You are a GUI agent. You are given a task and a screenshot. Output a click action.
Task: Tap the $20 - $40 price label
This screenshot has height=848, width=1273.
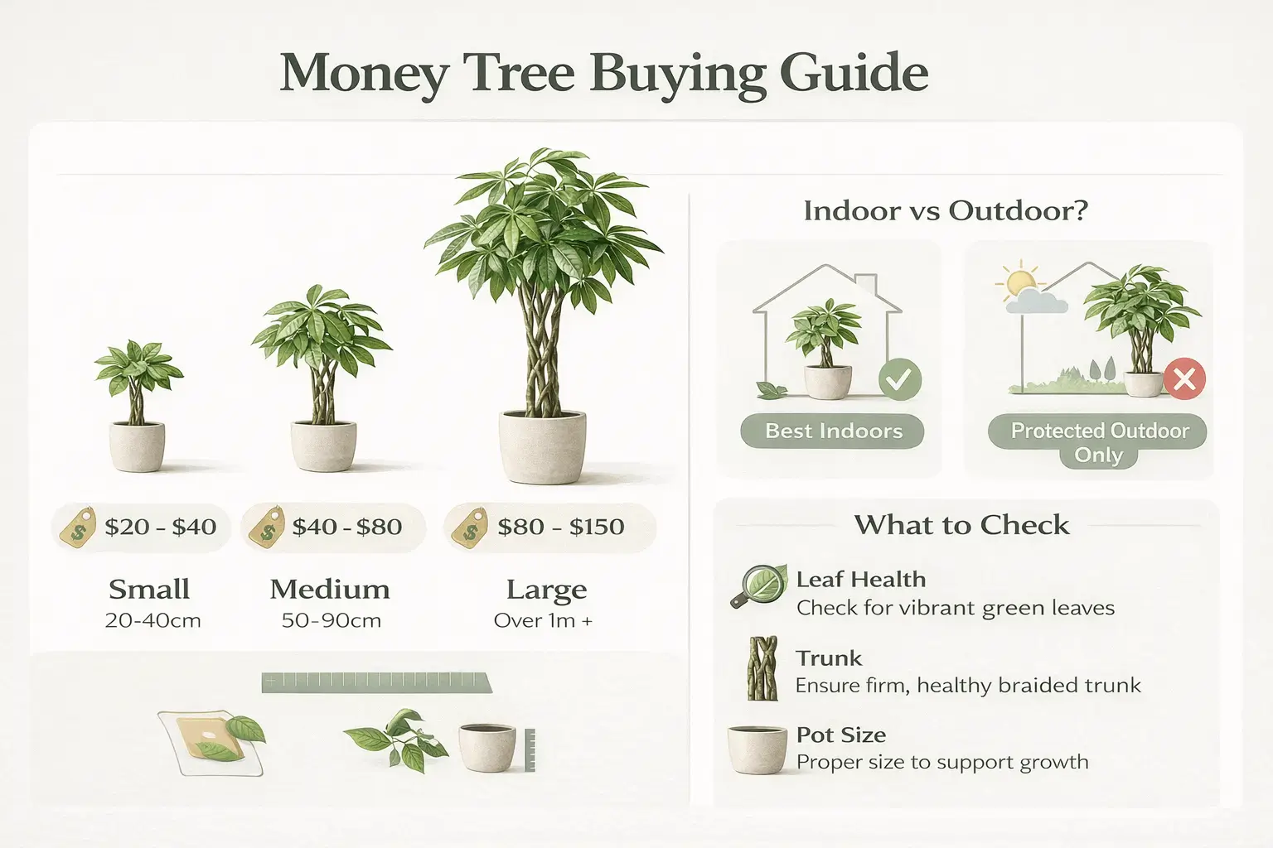coord(160,527)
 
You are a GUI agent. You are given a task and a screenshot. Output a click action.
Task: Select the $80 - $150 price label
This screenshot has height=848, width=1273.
coord(560,527)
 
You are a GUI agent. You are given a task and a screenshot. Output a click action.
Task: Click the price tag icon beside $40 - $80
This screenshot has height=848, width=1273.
coord(268,528)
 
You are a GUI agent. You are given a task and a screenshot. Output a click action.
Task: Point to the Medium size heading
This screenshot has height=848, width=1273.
coord(330,590)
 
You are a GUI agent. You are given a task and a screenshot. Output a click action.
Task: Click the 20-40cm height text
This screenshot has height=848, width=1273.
coord(153,620)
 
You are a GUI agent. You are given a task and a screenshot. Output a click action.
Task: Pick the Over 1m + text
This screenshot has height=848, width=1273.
coord(543,620)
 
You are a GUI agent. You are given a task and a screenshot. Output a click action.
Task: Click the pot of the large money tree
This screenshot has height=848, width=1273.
coord(543,447)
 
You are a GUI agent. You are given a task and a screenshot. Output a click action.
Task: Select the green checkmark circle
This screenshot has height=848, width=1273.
coord(899,380)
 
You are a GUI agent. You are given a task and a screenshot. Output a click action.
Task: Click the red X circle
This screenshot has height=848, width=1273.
coord(1184,379)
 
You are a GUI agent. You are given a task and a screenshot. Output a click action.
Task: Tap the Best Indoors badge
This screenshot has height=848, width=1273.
coord(833,431)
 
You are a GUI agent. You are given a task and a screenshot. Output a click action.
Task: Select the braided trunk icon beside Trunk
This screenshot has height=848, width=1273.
coord(762,669)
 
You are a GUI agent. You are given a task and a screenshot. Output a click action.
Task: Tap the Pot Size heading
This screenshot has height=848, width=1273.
coord(840,735)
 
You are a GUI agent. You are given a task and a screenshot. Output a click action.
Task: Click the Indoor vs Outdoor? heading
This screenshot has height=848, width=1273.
coord(945,210)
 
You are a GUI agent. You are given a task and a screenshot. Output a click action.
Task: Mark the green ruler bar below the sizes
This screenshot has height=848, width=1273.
coord(376,683)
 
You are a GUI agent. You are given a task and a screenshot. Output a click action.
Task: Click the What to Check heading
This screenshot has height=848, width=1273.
coord(961,525)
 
